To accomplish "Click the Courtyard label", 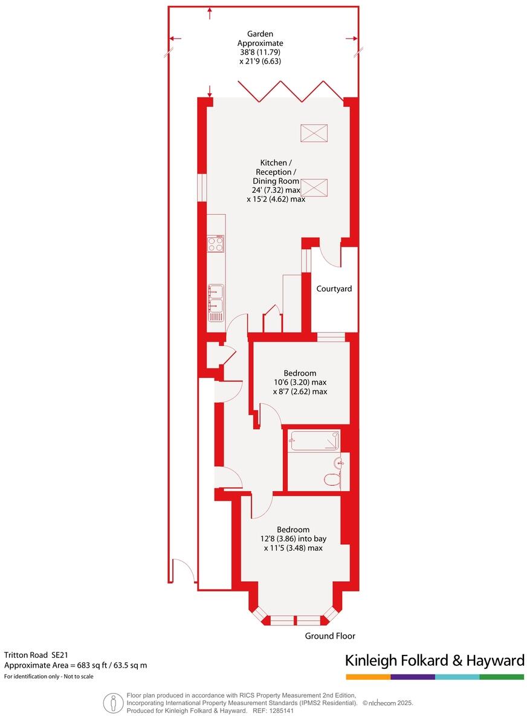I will (x=334, y=289).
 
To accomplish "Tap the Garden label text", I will (x=260, y=34).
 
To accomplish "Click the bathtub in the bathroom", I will (x=314, y=440).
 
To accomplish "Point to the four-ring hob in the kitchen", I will (x=216, y=244).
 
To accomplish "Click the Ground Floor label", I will (x=329, y=636).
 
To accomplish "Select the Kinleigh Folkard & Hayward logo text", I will (x=434, y=661).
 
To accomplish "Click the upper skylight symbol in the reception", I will (x=313, y=132).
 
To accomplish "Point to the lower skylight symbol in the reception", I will (x=313, y=187).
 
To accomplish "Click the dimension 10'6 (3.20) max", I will (x=300, y=382).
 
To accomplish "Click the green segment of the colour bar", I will (x=502, y=677).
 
